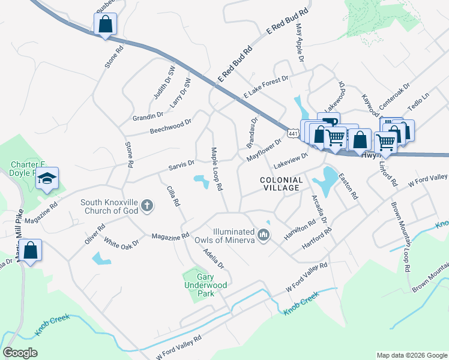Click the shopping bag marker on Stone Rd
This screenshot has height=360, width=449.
tap(105, 25)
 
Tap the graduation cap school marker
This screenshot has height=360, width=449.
tap(47, 179)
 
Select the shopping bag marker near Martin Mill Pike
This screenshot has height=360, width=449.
tap(32, 251)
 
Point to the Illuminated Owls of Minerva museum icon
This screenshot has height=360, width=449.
tap(262, 233)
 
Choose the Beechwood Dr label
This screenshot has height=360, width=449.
tap(170, 125)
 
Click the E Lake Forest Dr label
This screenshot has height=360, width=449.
tap(266, 87)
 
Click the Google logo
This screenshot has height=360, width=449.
tap(20, 353)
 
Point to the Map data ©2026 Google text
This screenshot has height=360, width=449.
tap(411, 355)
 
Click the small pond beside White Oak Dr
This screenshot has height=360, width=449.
tap(101, 259)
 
